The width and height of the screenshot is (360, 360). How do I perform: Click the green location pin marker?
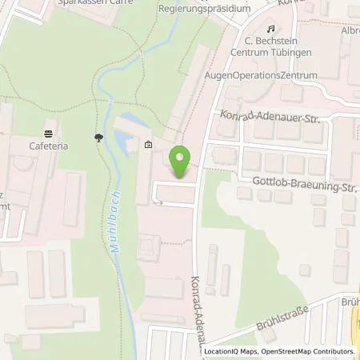(x=182, y=163)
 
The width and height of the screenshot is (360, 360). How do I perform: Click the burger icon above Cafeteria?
(x=50, y=134)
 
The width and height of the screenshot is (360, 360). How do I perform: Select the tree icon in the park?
(x=98, y=138)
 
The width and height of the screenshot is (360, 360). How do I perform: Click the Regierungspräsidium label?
(x=205, y=8)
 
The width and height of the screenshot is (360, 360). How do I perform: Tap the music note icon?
(x=248, y=28)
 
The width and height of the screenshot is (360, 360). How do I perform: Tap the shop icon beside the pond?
(x=149, y=146)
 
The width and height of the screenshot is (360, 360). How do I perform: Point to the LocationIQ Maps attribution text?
(x=230, y=351)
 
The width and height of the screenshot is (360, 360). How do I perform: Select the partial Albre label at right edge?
(x=349, y=30)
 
